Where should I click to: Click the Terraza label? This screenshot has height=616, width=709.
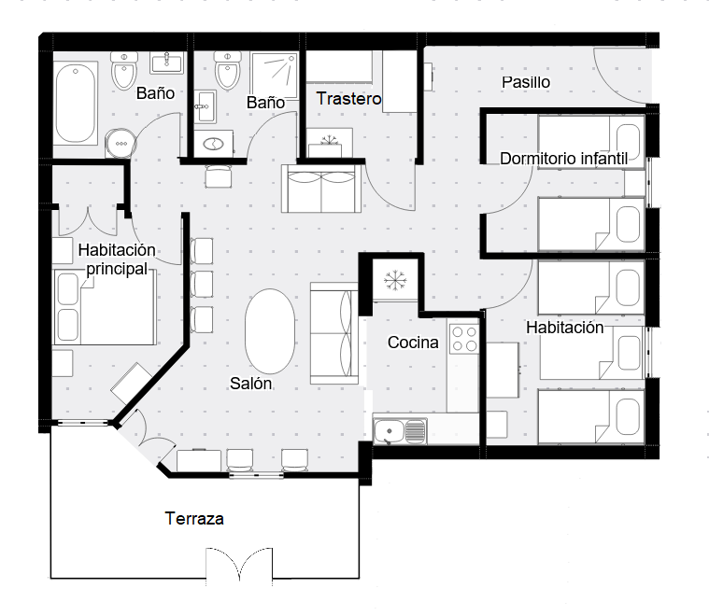click(194, 518)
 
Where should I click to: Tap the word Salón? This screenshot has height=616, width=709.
click(251, 384)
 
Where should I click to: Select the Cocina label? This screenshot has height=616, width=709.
click(413, 343)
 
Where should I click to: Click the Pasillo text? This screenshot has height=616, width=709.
click(526, 82)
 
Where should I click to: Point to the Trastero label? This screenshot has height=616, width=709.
click(348, 99)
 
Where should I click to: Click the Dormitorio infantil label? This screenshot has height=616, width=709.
click(564, 159)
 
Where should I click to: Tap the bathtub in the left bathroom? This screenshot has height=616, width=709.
click(76, 104)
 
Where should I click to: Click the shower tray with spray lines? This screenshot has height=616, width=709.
click(275, 76)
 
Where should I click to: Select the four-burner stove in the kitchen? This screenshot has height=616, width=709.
click(464, 339)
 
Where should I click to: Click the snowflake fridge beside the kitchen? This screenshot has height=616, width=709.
click(395, 279)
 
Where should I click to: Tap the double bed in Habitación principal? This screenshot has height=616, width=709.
click(105, 307)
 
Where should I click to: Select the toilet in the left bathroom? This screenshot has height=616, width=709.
click(124, 71)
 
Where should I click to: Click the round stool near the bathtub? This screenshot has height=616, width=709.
click(121, 143)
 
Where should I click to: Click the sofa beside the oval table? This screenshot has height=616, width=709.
click(334, 333)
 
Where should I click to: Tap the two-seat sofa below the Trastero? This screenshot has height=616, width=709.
click(321, 189)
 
